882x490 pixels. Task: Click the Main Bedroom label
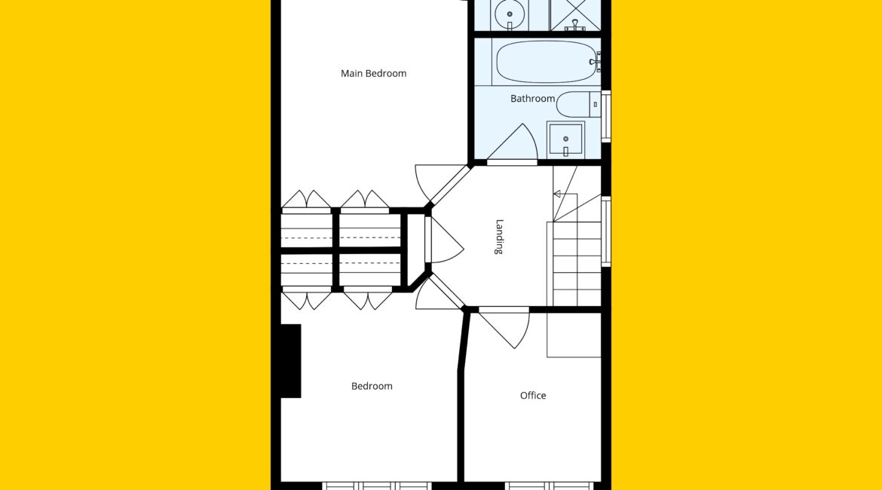click(373, 73)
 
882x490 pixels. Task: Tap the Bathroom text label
click(533, 99)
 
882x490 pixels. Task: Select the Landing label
click(499, 237)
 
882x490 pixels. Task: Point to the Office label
click(533, 396)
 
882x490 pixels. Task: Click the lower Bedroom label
click(372, 386)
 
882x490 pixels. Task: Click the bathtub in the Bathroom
click(547, 61)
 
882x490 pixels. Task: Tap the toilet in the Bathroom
click(578, 104)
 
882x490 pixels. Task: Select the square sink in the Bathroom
click(565, 139)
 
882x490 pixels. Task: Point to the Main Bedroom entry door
click(433, 180)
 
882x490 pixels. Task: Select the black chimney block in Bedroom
click(291, 361)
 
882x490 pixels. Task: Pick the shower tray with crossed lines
click(575, 14)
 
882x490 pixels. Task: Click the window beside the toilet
click(606, 116)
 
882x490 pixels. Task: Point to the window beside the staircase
click(606, 231)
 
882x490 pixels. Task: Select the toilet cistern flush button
click(595, 104)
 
